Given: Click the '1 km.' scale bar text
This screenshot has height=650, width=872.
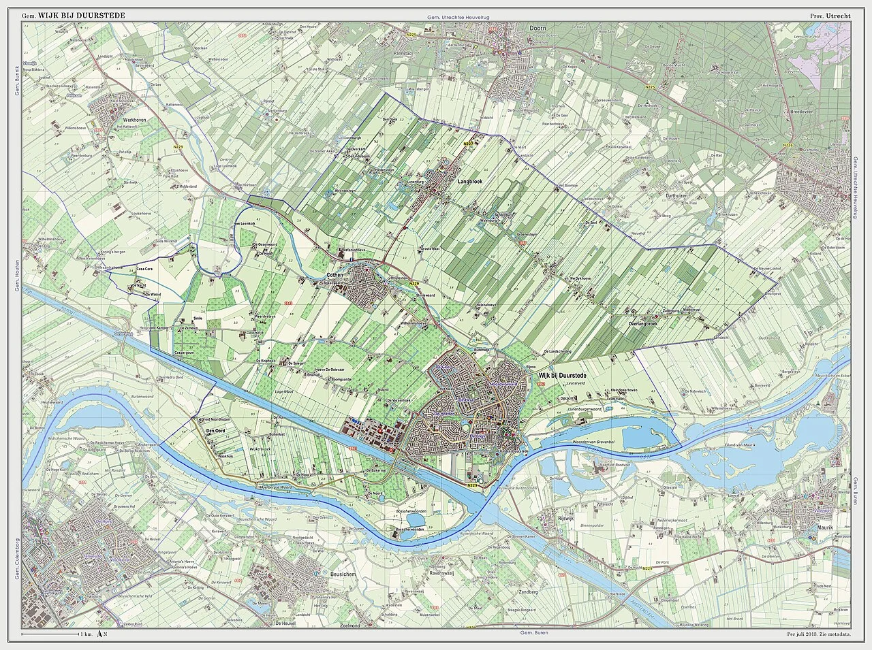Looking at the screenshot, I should [86, 634].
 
